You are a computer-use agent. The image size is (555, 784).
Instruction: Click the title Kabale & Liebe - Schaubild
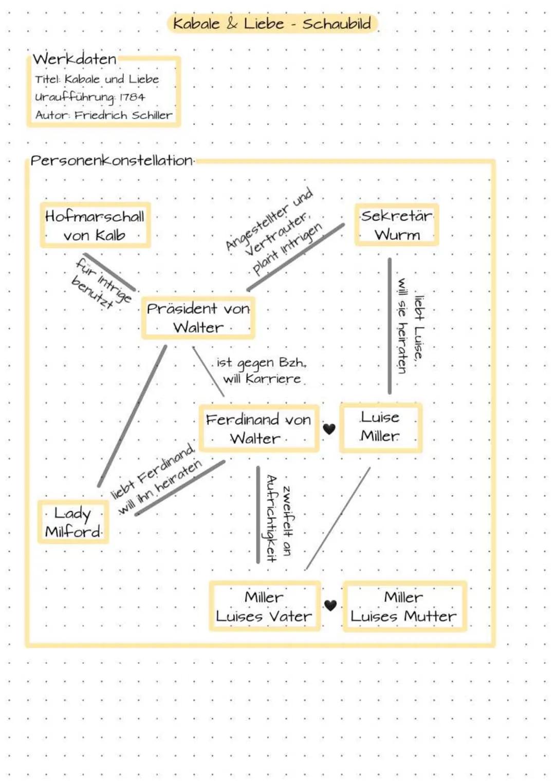point(272,24)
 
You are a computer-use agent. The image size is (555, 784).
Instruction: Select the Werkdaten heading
point(75,59)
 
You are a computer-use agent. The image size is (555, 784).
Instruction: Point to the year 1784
point(132,97)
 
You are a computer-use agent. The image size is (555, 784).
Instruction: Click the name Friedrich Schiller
point(123,115)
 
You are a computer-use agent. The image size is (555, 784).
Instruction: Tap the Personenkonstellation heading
point(112,160)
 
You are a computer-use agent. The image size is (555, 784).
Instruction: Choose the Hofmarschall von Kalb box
point(95,226)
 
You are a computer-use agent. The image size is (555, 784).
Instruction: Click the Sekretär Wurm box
point(397,225)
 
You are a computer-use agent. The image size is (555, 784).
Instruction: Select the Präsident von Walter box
point(198,318)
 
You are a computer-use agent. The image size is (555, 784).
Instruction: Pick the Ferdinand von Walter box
point(258,428)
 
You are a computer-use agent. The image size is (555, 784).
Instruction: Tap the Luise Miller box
point(380,427)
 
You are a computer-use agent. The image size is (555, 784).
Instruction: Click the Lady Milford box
point(73,522)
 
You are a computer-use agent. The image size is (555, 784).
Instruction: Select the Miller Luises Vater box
point(264,606)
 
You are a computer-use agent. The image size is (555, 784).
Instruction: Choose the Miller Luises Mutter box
point(404,606)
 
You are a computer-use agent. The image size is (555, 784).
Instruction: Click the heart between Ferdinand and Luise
point(329,428)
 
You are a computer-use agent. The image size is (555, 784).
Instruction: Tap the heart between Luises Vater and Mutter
point(330,606)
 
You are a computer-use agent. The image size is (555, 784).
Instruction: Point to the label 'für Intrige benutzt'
point(102,283)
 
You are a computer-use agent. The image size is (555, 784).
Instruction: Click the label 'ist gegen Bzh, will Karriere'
point(261,370)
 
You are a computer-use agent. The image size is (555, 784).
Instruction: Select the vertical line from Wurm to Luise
point(390,326)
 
